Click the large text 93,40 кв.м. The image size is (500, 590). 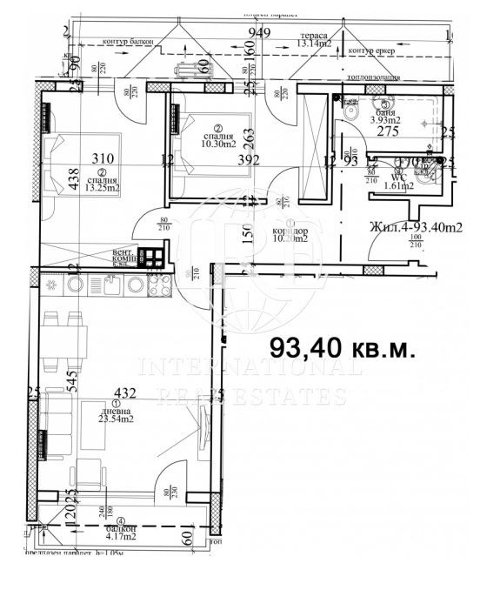click(x=343, y=349)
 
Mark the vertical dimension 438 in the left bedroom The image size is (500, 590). click(x=50, y=178)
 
